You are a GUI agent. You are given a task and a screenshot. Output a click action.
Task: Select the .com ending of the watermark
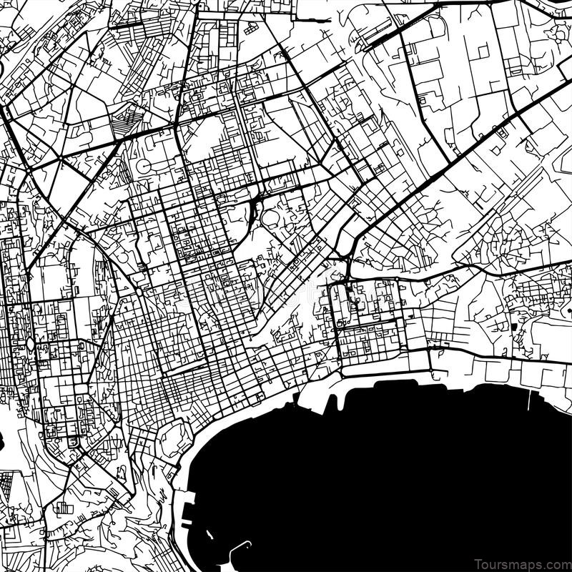554,562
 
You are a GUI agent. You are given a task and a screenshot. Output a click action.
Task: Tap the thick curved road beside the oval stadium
252,209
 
